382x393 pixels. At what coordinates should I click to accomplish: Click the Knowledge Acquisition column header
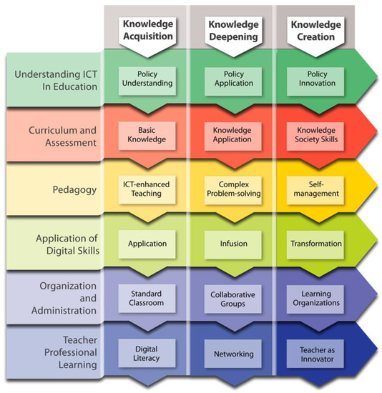pyautogui.click(x=147, y=30)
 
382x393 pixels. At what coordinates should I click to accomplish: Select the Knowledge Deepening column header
pyautogui.click(x=233, y=30)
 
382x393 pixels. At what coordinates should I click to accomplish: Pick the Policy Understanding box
pyautogui.click(x=147, y=78)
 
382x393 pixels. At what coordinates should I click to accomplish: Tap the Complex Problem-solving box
pyautogui.click(x=233, y=189)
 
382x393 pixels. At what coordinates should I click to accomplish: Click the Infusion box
pyautogui.click(x=233, y=244)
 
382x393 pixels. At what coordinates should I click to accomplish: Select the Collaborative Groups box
pyautogui.click(x=233, y=299)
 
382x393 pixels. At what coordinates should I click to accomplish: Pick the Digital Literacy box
pyautogui.click(x=147, y=354)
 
